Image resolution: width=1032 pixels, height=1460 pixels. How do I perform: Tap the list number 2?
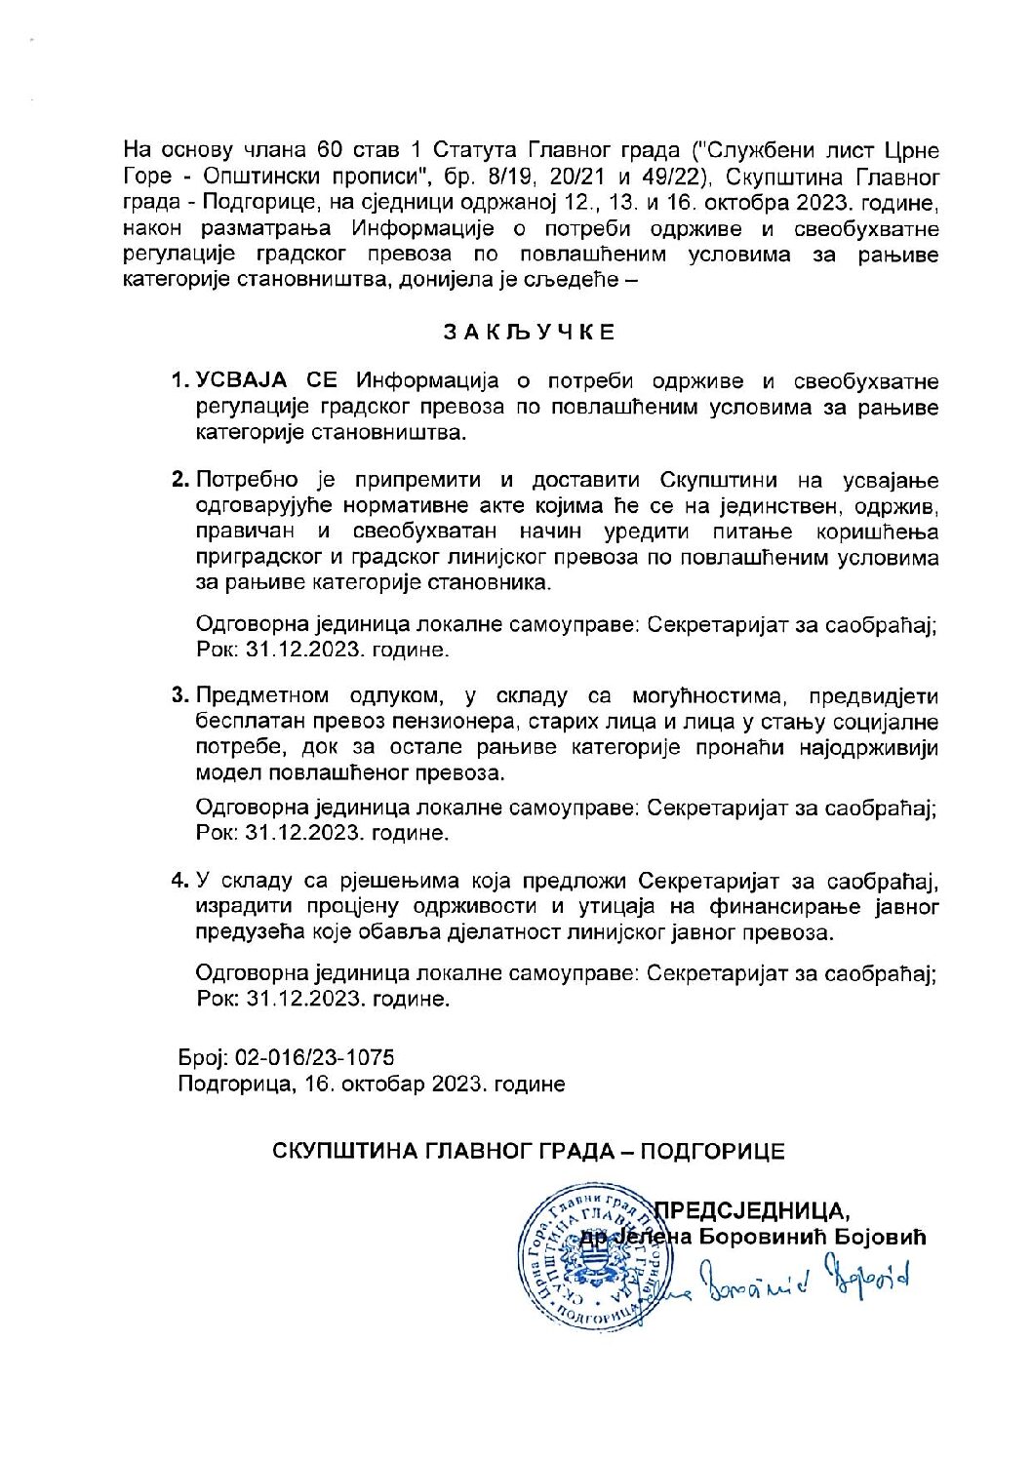click(x=179, y=480)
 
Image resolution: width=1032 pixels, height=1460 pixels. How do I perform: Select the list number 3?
click(x=179, y=695)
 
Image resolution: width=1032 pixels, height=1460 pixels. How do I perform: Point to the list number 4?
click(x=179, y=881)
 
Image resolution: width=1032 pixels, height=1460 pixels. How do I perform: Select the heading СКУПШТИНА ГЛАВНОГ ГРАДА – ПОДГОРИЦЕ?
click(x=529, y=1151)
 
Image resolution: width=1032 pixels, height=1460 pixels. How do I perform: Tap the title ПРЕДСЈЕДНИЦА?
click(x=751, y=1211)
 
